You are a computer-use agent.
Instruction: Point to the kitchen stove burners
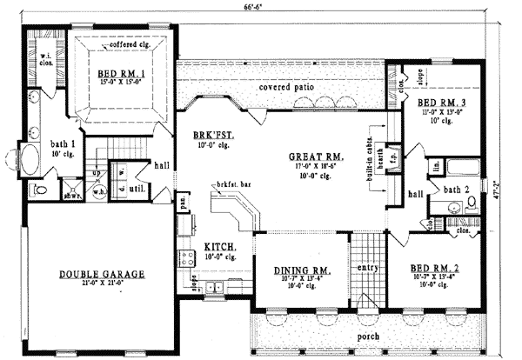pos(185,256)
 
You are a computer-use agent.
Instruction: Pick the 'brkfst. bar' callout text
pos(231,186)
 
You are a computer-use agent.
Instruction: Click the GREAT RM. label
pos(316,157)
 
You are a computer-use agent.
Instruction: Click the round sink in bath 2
pos(453,207)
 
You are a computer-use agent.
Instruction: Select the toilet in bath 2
pos(472,203)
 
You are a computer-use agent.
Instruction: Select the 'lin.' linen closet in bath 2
pos(435,163)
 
